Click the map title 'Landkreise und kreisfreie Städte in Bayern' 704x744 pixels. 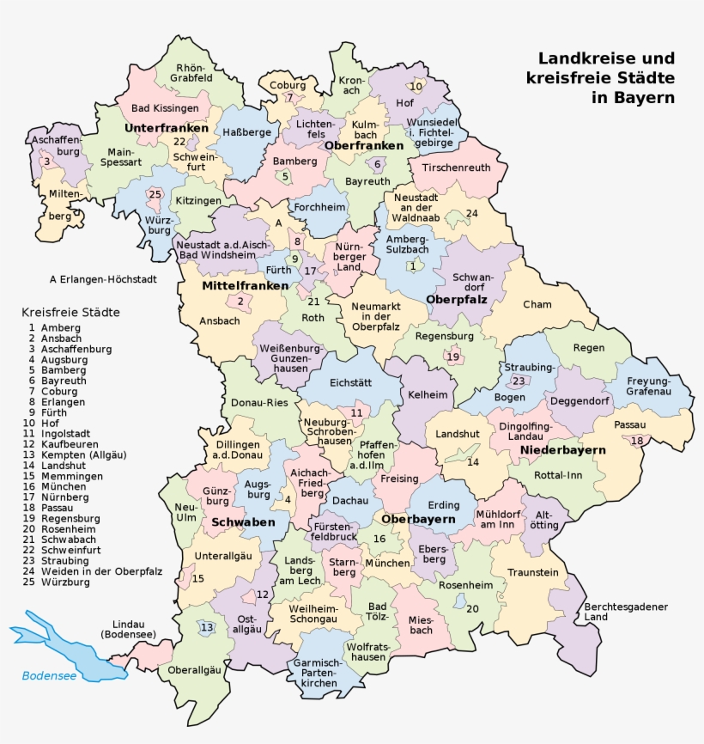[x=606, y=78]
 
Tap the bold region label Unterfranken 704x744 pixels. [x=167, y=128]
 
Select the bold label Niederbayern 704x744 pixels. [x=563, y=450]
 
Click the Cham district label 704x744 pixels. [x=537, y=304]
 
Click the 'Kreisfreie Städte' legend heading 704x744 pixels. [x=70, y=312]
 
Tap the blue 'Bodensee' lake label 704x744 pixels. [x=50, y=675]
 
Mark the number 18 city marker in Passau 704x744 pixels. [x=636, y=441]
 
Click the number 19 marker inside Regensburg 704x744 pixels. [x=452, y=357]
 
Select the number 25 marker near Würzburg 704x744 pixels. [x=155, y=194]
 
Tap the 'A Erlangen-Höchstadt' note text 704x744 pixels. [x=96, y=278]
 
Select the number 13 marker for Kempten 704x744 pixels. [x=206, y=628]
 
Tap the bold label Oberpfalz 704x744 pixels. [x=457, y=299]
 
